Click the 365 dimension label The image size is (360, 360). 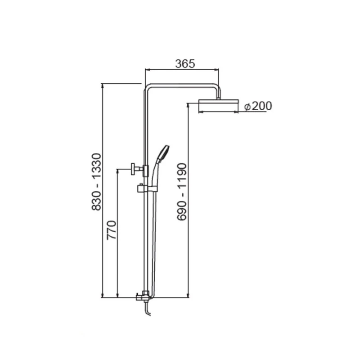coord(185,64)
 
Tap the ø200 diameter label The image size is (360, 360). coord(258,106)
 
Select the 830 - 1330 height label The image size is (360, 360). coord(96,182)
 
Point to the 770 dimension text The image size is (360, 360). coord(112,230)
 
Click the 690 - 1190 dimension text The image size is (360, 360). coord(182,192)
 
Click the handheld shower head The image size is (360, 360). coord(163,153)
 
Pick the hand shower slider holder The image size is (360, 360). coord(147,189)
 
